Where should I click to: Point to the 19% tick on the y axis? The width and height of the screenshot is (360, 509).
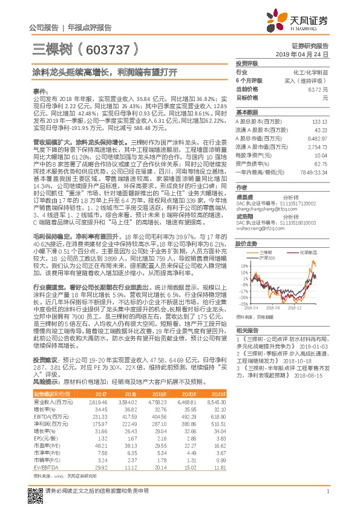pyautogui.click(x=244, y=265)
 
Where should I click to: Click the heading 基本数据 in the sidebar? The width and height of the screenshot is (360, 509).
pyautogui.click(x=247, y=112)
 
